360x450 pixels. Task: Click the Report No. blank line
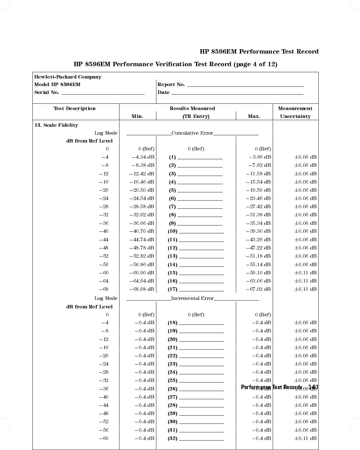246,85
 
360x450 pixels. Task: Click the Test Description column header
74,108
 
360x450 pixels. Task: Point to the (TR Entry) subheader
196,116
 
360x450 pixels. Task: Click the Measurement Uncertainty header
295,112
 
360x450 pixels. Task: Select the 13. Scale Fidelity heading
56,125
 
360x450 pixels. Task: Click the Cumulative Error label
192,133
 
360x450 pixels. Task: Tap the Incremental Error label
192,298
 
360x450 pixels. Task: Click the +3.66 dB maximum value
260,157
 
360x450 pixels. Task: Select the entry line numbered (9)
200,224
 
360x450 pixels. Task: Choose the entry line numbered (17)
201,290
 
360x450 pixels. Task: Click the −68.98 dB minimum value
142,289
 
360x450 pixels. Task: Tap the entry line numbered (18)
201,324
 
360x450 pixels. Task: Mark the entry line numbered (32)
201,439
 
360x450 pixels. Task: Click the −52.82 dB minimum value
142,256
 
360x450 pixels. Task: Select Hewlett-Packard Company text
68,77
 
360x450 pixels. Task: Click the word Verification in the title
173,64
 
